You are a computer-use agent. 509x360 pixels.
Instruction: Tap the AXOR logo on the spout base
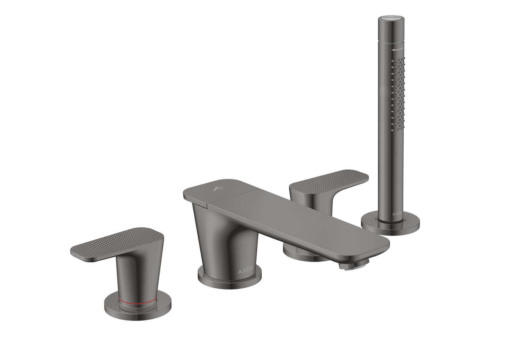tap(246, 272)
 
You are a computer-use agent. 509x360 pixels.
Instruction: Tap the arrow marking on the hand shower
tap(398, 49)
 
